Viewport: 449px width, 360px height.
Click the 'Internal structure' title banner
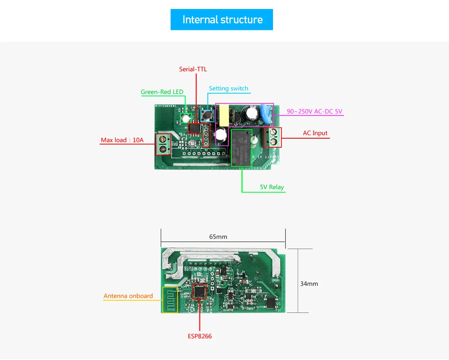pyautogui.click(x=222, y=20)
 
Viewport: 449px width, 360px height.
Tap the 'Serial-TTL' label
pyautogui.click(x=193, y=69)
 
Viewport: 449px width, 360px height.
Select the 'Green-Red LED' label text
pyautogui.click(x=162, y=92)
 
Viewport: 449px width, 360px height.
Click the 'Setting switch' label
pyautogui.click(x=228, y=88)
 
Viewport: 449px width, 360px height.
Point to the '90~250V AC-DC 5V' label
pyautogui.click(x=314, y=111)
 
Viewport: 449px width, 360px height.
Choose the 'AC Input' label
pyautogui.click(x=315, y=133)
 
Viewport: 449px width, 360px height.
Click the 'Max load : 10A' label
pyautogui.click(x=122, y=140)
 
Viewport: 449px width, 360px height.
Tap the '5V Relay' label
pyautogui.click(x=272, y=187)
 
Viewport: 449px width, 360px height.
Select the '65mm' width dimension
pyautogui.click(x=218, y=237)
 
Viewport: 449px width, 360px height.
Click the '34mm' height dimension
pyautogui.click(x=309, y=284)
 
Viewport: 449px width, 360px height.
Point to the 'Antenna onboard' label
pyautogui.click(x=128, y=296)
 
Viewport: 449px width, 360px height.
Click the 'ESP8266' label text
pyautogui.click(x=200, y=336)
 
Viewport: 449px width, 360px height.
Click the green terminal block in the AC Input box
pyautogui.click(x=273, y=137)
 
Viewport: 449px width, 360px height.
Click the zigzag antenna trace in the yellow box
pyautogui.click(x=170, y=300)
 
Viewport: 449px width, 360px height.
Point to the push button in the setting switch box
pyautogui.click(x=207, y=116)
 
